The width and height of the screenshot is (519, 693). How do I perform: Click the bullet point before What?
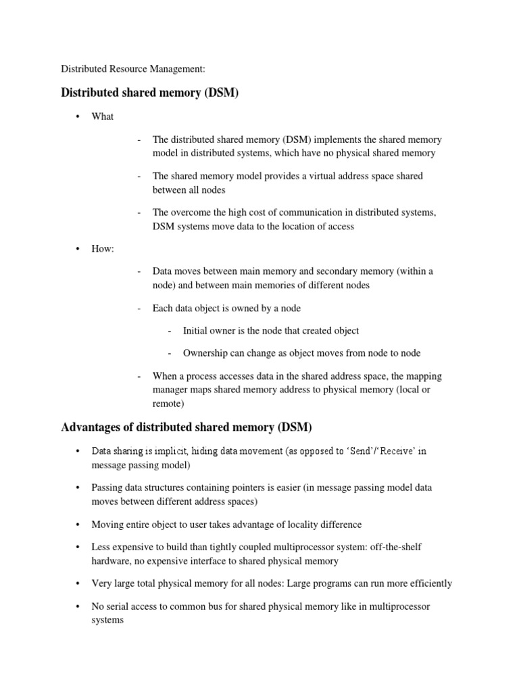(78, 116)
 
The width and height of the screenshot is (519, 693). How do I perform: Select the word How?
(103, 249)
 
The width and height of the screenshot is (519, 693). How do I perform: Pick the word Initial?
(197, 331)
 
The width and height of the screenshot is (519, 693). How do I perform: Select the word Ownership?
(207, 353)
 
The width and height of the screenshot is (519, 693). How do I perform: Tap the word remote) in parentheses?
(168, 404)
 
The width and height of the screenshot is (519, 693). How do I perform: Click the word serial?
(119, 606)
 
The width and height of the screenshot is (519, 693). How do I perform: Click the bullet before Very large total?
(78, 583)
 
